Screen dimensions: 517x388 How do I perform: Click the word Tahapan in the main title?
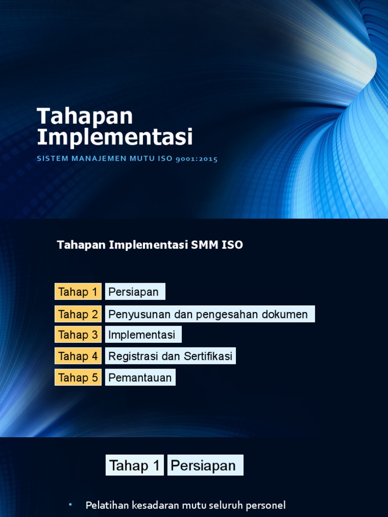point(85,117)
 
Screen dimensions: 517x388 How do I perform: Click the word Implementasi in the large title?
point(115,137)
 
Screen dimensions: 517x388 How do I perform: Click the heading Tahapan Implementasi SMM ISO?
point(150,245)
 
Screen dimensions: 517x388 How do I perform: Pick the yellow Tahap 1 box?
point(78,292)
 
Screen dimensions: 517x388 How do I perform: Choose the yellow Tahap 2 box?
point(78,314)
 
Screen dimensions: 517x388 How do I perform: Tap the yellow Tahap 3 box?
point(78,335)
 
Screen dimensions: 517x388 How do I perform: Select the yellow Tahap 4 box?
point(78,356)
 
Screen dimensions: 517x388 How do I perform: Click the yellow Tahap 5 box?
point(78,377)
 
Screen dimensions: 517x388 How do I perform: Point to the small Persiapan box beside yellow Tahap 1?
point(135,292)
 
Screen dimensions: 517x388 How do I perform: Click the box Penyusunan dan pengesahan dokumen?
point(209,314)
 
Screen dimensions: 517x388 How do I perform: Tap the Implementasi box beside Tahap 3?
point(143,335)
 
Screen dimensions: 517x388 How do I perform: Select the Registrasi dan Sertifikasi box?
point(170,356)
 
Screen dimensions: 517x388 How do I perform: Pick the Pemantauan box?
point(140,377)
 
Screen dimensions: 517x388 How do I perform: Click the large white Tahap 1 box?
point(135,465)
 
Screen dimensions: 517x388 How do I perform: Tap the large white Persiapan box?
point(205,465)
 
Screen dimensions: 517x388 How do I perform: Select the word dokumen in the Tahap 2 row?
point(284,314)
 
